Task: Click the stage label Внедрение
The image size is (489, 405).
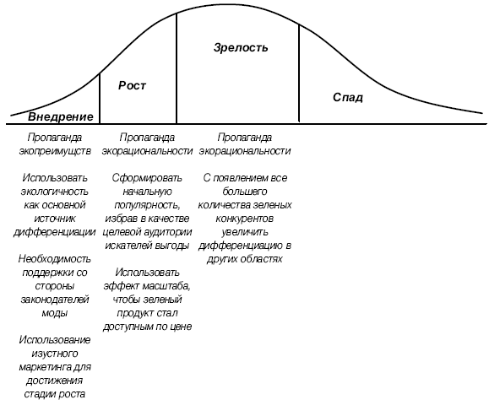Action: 61,116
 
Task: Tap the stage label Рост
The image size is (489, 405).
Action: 132,86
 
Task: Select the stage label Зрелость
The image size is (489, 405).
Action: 241,47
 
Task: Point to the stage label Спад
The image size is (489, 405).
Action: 348,98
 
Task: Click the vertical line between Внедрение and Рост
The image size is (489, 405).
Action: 100,98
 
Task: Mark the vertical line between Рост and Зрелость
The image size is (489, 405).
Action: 177,68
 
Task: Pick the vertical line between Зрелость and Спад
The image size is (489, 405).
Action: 299,73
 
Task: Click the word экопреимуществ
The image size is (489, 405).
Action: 55,151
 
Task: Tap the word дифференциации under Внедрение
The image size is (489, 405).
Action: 55,232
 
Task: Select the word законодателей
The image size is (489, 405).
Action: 55,300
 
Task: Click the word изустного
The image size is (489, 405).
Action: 55,354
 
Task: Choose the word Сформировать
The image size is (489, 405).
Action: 147,178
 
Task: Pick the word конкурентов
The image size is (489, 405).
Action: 245,219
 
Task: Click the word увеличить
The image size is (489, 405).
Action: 245,232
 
